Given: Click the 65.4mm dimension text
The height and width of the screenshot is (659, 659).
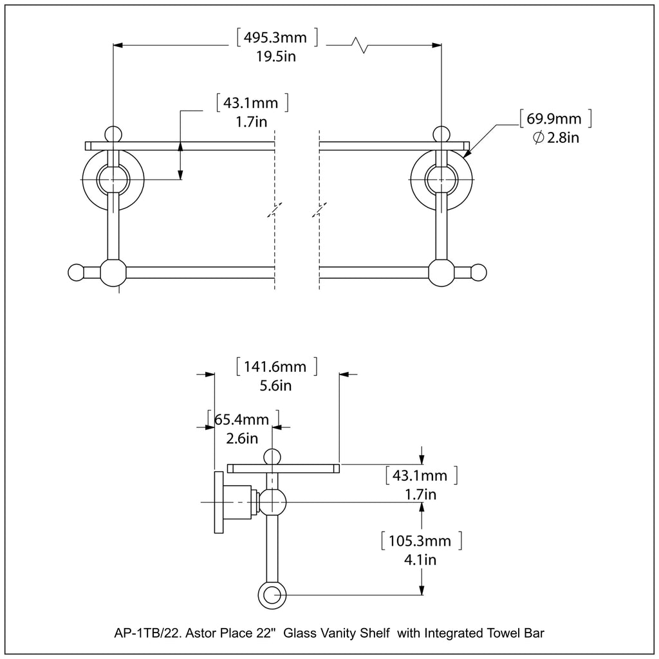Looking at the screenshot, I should point(241,420).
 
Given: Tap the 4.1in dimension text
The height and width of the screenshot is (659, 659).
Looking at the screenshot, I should point(422,559).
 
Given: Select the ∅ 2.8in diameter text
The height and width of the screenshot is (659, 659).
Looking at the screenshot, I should point(557,138).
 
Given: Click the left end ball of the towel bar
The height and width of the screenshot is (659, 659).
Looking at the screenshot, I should point(76,272).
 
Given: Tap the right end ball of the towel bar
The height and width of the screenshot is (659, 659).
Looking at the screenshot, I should point(480,272).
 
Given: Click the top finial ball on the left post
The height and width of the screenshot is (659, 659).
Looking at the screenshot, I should point(113,133).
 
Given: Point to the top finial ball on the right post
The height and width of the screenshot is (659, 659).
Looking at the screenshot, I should point(441,133).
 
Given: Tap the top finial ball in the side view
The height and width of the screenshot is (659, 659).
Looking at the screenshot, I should point(273,456).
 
